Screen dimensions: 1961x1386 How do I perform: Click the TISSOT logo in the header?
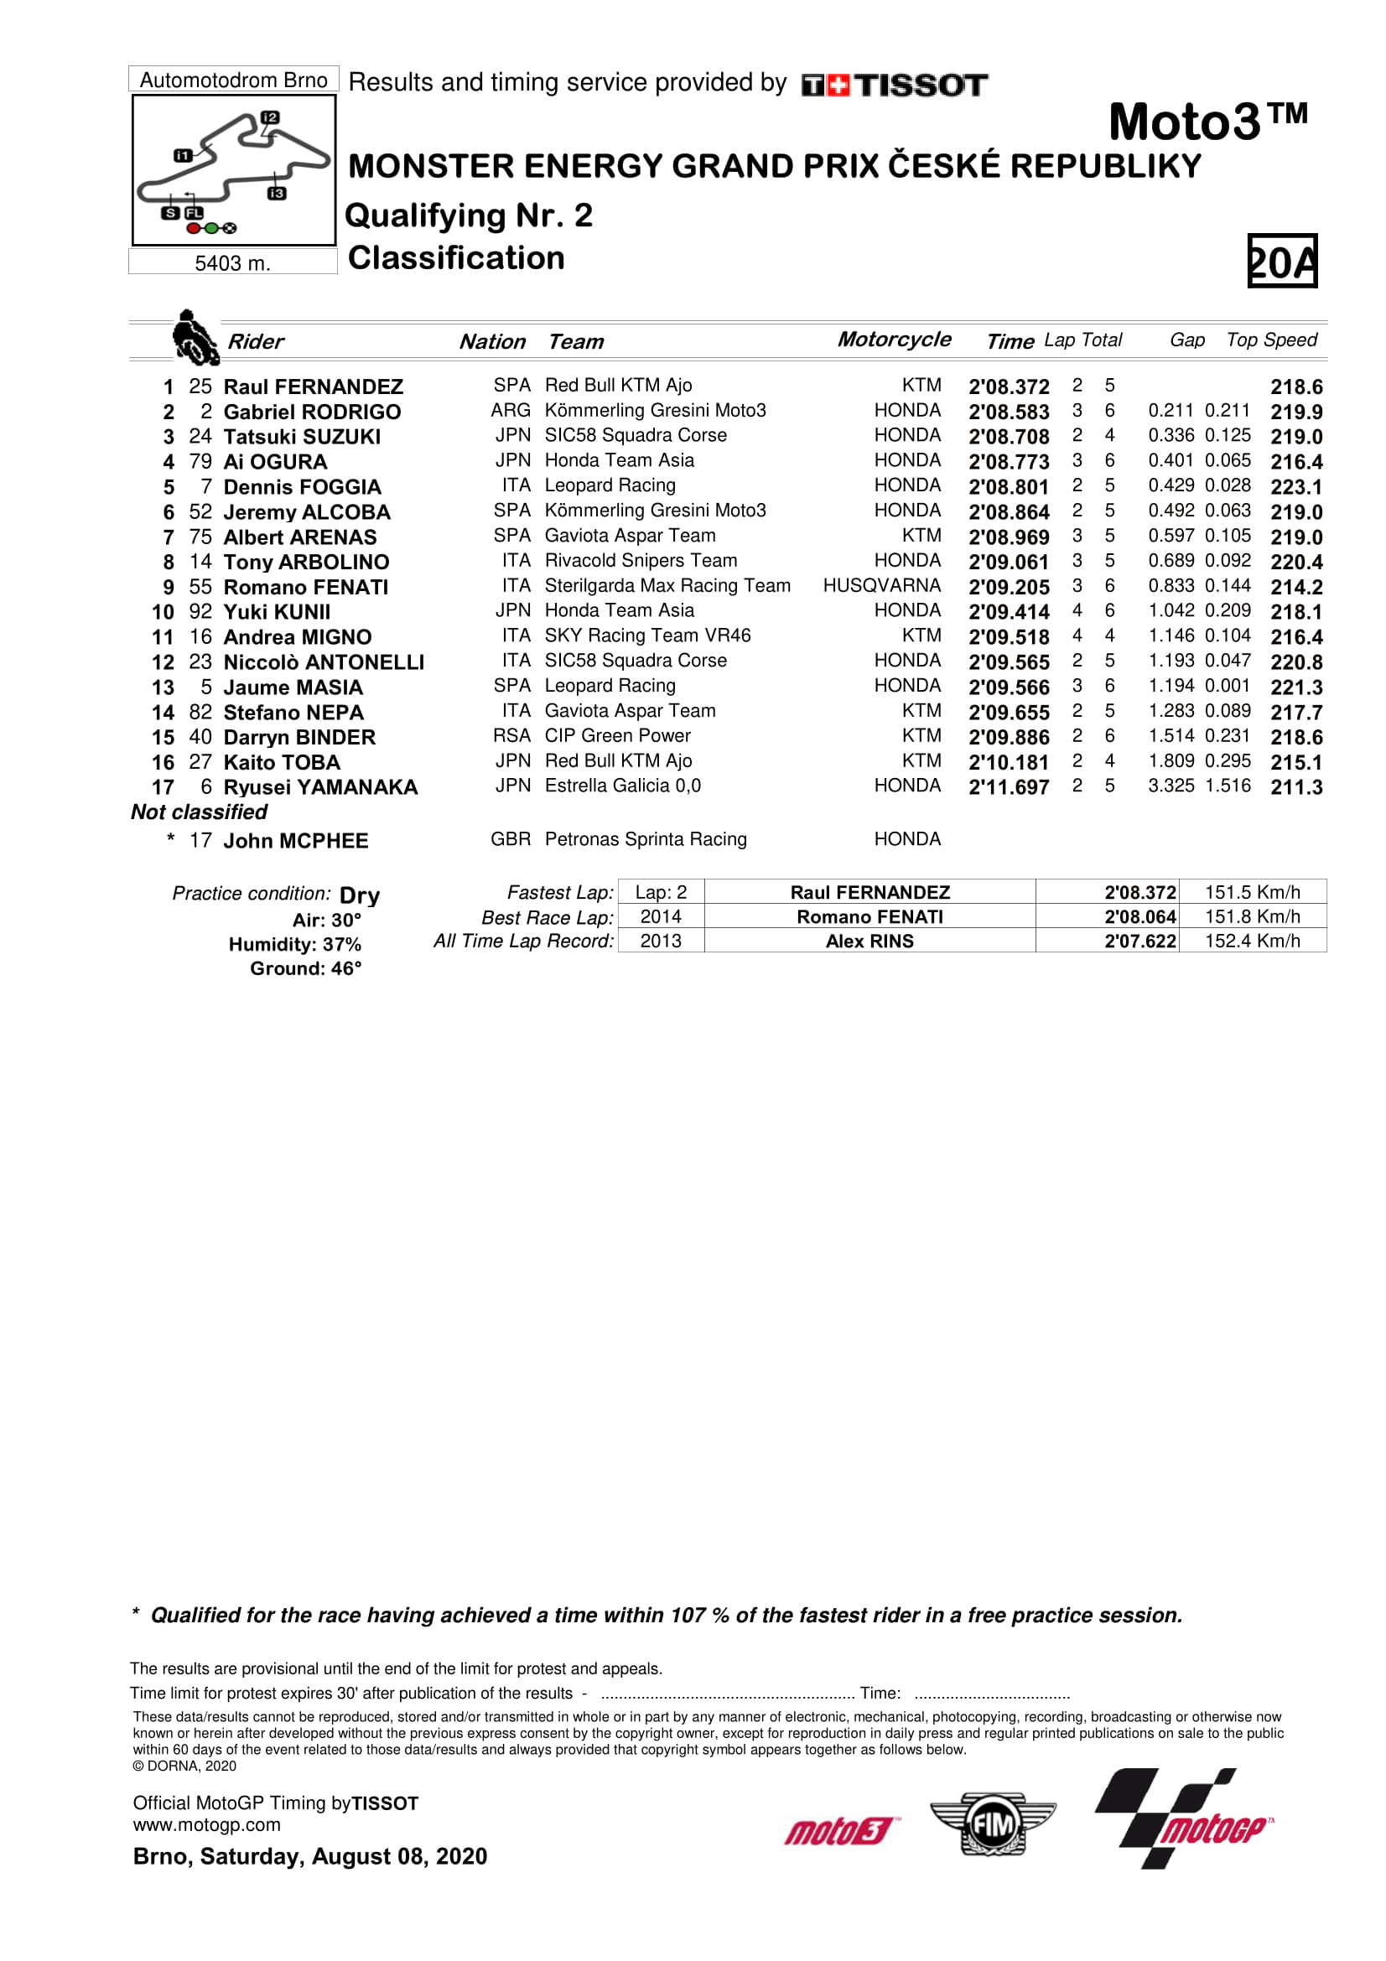click(894, 86)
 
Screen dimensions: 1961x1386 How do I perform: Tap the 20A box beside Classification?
click(1281, 261)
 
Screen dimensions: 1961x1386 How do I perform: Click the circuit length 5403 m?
click(232, 263)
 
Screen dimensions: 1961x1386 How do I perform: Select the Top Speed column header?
click(1272, 340)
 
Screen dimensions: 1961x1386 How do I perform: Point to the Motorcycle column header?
click(893, 340)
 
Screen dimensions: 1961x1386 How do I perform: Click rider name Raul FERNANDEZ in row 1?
click(313, 386)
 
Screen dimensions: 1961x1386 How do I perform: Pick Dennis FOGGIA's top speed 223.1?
click(1295, 487)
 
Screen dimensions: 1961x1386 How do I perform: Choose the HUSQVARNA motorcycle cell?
click(881, 586)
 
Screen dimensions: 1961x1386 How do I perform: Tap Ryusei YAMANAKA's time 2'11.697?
click(1008, 787)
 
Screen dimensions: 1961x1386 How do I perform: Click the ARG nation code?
click(510, 411)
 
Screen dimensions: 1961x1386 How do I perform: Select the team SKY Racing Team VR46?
click(647, 636)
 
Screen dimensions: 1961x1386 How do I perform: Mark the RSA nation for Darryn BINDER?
click(511, 736)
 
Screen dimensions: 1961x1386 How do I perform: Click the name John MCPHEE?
click(295, 841)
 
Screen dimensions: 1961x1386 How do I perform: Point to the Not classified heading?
click(199, 812)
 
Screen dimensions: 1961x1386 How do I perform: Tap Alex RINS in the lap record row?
click(869, 942)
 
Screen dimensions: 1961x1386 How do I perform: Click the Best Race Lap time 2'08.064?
click(1139, 917)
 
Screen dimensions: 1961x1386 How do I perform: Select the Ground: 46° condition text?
click(305, 968)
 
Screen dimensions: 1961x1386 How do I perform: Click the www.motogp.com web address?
click(206, 1825)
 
